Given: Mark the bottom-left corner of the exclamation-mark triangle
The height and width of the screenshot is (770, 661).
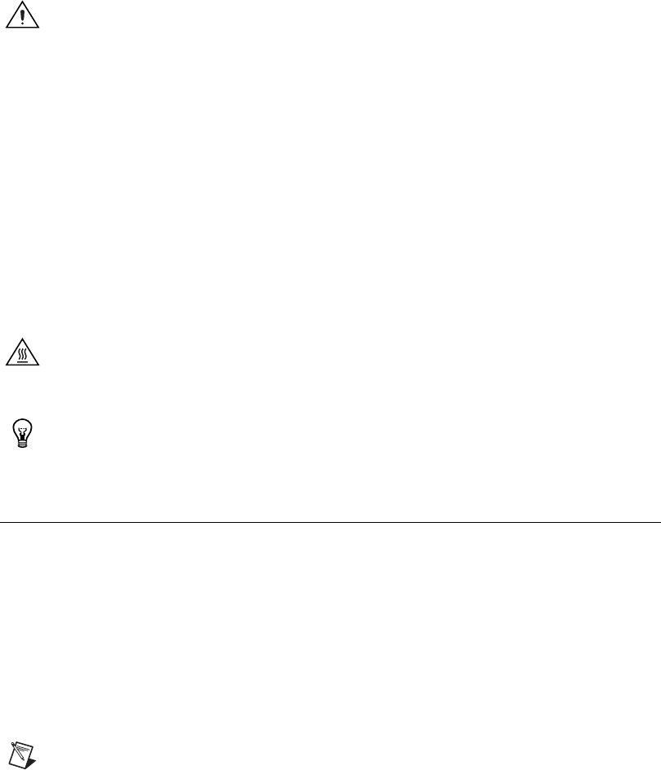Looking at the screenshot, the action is tap(7, 29).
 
